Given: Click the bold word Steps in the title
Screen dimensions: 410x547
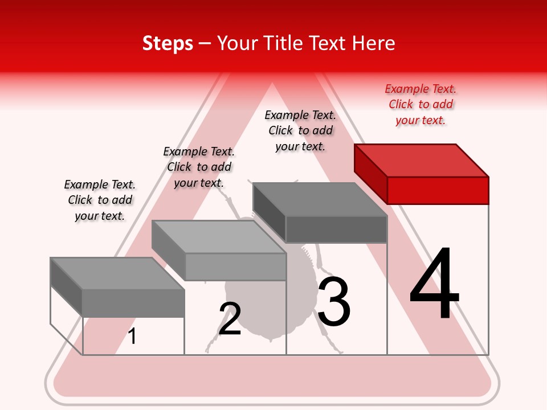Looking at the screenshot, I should [x=168, y=43].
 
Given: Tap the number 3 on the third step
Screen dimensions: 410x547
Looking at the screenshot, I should [x=333, y=302].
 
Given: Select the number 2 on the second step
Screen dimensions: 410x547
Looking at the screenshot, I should [x=230, y=319].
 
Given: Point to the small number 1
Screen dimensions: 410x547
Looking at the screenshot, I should [x=132, y=336].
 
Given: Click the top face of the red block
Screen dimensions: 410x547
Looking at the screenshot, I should [x=422, y=160].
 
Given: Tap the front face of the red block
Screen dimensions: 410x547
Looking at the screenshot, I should [x=438, y=190].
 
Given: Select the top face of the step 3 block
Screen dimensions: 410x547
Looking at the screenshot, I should [x=319, y=199].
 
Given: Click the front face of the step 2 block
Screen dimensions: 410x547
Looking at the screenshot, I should [x=235, y=266].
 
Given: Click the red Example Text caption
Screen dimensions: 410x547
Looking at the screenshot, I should [x=421, y=104].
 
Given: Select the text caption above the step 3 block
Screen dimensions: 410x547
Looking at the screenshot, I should [x=300, y=130].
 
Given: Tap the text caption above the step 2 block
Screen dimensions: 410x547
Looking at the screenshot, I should [x=199, y=167].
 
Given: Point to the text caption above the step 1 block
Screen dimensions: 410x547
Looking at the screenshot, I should [x=100, y=200].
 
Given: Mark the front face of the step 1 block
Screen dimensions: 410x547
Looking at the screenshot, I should [x=133, y=303].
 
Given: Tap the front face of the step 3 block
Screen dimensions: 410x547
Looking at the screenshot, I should [x=336, y=229].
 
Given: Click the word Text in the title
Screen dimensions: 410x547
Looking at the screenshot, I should [x=328, y=43].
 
